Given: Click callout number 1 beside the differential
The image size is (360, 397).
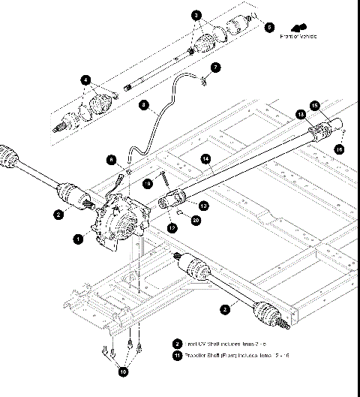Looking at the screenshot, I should (79, 239).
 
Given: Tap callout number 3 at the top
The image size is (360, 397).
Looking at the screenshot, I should (196, 15).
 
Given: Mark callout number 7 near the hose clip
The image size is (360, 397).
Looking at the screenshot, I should (216, 67).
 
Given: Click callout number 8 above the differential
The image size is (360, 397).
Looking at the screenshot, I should (111, 159).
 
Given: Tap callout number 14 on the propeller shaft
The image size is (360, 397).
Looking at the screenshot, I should (205, 158).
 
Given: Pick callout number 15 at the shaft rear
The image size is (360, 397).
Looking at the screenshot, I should (314, 105).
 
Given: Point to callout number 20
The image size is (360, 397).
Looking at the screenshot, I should (196, 220).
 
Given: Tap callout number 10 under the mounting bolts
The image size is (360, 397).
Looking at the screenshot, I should (123, 370).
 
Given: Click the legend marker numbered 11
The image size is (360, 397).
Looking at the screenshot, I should (177, 356).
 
